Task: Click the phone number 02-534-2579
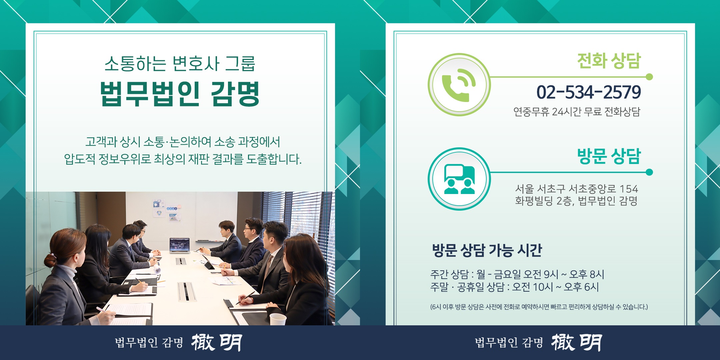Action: [x=588, y=92]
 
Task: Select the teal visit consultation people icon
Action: [x=459, y=179]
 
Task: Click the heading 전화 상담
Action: [x=609, y=61]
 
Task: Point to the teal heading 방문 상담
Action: [x=609, y=156]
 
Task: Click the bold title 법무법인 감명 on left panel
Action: [x=180, y=94]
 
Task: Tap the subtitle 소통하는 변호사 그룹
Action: [x=180, y=63]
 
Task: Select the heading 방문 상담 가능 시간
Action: [x=487, y=250]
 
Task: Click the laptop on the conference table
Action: [x=180, y=246]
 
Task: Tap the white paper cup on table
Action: [x=278, y=319]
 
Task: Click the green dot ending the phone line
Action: [x=649, y=77]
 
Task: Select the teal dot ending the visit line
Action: [x=649, y=172]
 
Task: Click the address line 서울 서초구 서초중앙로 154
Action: [x=576, y=189]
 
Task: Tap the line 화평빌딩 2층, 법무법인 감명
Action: [x=576, y=201]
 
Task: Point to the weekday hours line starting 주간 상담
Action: [x=517, y=274]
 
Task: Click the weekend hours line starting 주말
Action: [x=514, y=287]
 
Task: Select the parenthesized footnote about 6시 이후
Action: [x=539, y=307]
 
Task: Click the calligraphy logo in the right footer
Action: [x=577, y=342]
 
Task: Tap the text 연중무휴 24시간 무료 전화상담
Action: [x=577, y=112]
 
